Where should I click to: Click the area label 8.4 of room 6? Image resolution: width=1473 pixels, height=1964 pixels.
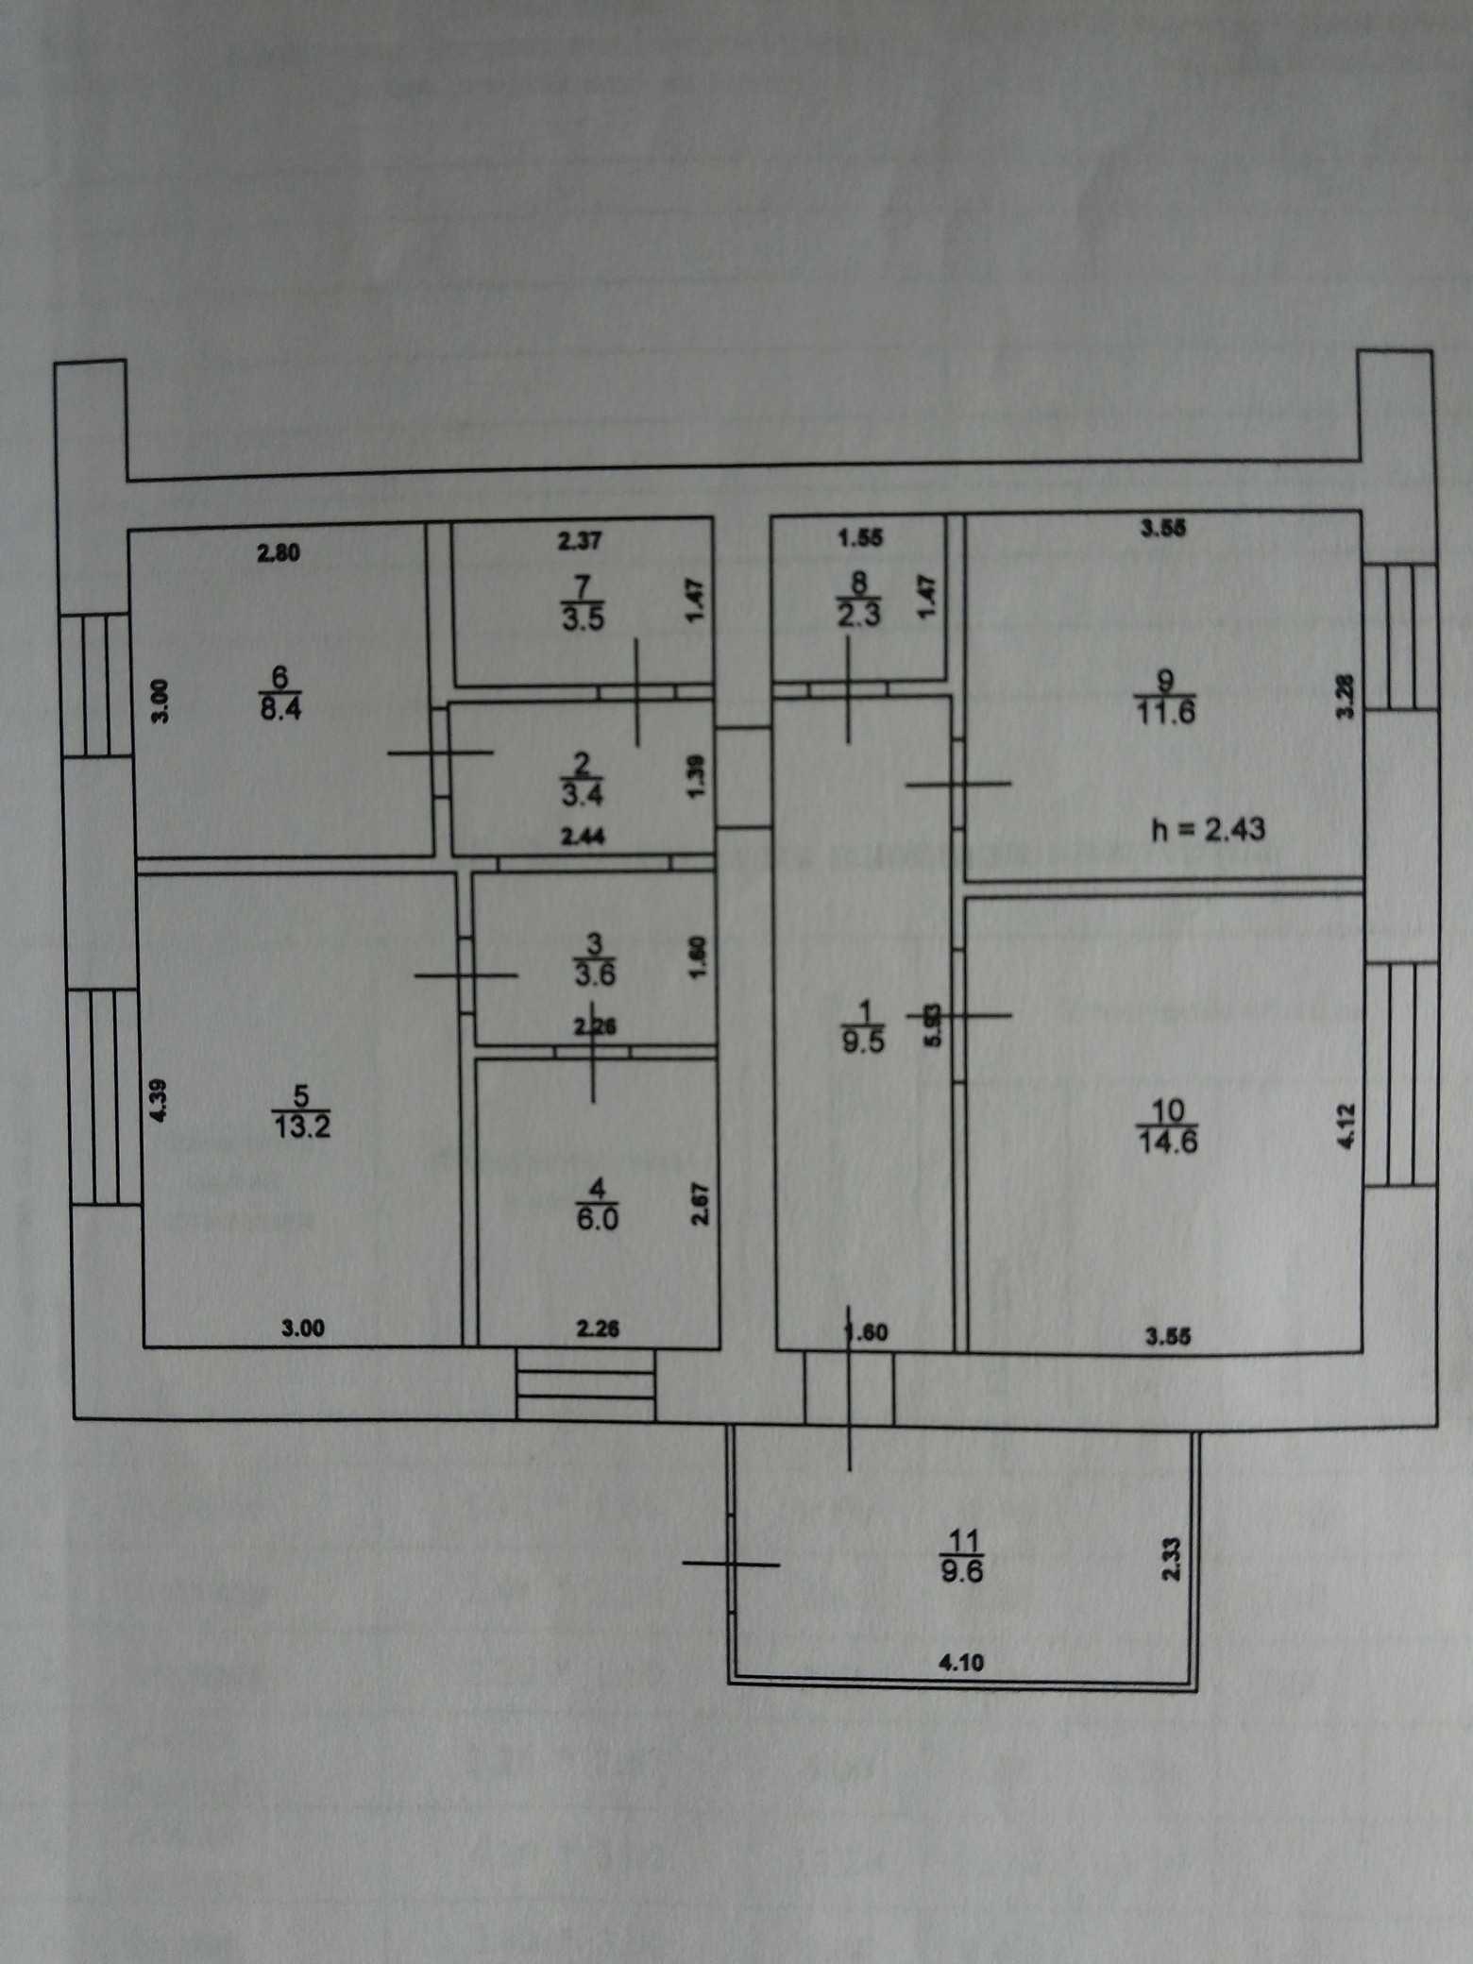click(x=280, y=707)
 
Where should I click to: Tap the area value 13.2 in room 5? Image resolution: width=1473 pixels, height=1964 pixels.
click(x=301, y=1126)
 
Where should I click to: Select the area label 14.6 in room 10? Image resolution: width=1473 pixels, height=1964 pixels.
click(x=1169, y=1142)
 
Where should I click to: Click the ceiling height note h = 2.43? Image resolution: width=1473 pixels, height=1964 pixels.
click(x=1209, y=829)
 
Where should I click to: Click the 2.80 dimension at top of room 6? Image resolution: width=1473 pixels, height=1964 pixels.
click(x=279, y=553)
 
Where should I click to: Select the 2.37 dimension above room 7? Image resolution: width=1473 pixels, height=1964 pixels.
click(x=579, y=541)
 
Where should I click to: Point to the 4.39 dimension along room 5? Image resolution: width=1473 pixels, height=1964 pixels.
click(x=159, y=1099)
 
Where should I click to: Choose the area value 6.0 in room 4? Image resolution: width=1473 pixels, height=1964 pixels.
click(x=597, y=1219)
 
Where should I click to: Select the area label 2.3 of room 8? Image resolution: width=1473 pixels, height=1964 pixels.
click(x=859, y=616)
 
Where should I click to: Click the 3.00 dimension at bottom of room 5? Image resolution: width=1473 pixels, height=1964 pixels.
click(x=302, y=1329)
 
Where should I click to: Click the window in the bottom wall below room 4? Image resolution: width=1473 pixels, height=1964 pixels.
click(x=585, y=1384)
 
